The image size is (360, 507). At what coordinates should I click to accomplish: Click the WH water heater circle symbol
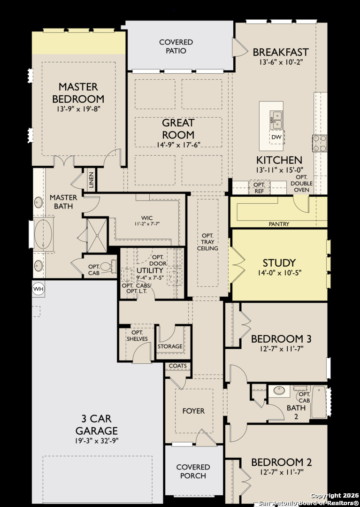tap(38, 289)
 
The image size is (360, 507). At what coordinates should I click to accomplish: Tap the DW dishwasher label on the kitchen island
tap(276, 137)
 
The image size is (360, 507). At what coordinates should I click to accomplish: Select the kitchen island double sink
tap(276, 120)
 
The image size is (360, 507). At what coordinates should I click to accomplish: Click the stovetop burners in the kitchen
tap(320, 143)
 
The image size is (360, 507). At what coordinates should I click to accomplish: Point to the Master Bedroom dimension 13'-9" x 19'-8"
tap(78, 108)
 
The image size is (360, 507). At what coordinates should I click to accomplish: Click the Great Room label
tap(178, 128)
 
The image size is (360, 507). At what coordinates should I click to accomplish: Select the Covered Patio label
tap(176, 46)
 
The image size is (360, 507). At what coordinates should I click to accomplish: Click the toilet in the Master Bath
tap(107, 267)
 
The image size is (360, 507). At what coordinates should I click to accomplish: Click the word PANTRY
tap(279, 224)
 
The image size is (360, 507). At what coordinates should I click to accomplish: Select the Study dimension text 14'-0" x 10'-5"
tap(279, 273)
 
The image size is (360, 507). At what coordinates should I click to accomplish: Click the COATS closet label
tap(178, 366)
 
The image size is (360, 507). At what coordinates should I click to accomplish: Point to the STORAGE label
tap(170, 346)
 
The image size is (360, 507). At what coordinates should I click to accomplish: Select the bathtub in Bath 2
tap(318, 402)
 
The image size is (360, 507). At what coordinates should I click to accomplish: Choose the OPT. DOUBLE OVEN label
tap(301, 183)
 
